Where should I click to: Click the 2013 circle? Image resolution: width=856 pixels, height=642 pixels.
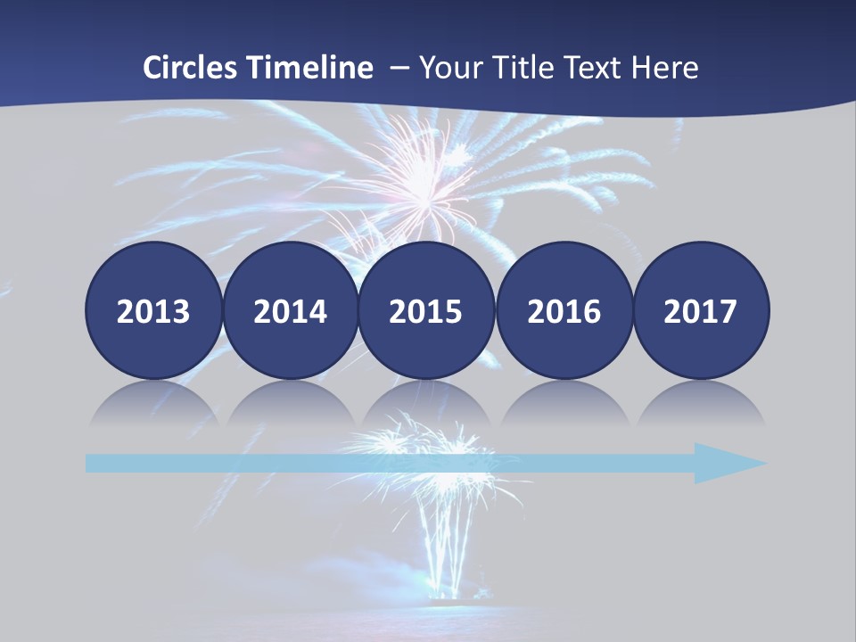tap(153, 310)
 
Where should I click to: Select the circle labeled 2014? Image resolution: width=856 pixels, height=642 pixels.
tap(291, 310)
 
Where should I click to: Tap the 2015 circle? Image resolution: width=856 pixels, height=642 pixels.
tap(426, 310)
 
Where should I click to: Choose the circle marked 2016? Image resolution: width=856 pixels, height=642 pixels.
tap(564, 310)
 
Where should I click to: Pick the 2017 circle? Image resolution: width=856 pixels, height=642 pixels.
tap(701, 310)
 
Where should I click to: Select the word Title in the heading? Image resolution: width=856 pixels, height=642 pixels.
tap(521, 68)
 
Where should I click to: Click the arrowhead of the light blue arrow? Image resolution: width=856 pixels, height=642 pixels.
tap(727, 463)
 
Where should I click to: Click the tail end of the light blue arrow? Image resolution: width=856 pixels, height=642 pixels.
tap(93, 463)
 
